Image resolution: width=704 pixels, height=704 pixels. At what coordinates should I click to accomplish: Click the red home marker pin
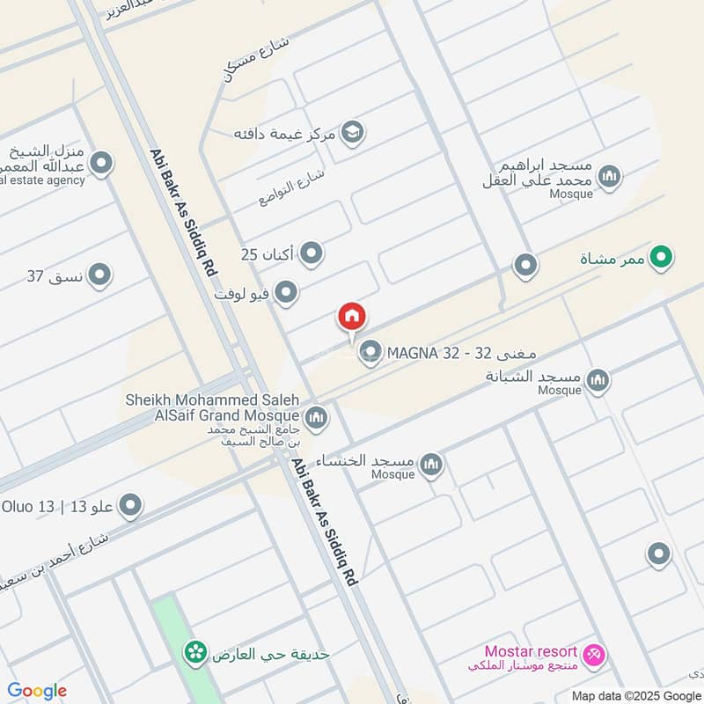(x=352, y=317)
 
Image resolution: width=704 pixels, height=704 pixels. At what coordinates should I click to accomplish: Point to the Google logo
(x=36, y=691)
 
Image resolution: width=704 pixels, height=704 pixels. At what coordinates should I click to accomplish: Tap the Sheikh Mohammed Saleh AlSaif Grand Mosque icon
(x=317, y=415)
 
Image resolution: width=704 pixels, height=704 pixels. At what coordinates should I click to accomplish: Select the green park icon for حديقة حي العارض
(x=195, y=652)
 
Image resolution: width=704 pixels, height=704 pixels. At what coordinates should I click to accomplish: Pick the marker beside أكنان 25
(x=311, y=255)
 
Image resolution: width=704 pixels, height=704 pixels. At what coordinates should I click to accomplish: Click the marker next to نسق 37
(x=100, y=275)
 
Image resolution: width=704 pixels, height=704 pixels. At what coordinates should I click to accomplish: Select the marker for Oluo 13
(x=131, y=505)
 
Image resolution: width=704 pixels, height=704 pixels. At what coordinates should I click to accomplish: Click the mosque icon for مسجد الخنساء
(x=430, y=465)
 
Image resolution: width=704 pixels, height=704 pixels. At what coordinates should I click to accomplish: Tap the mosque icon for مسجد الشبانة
(x=598, y=379)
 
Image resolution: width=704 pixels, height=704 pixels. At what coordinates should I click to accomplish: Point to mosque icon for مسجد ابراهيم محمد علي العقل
(x=608, y=179)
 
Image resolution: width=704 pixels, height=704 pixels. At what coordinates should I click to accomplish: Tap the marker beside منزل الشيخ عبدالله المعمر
(x=101, y=164)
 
